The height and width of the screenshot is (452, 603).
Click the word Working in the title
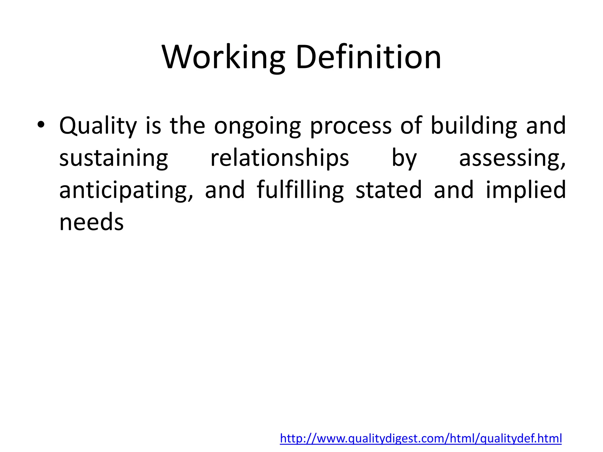coord(223,57)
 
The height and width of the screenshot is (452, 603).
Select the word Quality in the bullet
coord(98,126)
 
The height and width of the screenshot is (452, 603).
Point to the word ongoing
coord(257,126)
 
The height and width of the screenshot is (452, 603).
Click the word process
coord(351,126)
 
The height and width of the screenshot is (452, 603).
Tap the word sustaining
coord(114,158)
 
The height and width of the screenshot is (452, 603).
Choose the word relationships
coord(279,158)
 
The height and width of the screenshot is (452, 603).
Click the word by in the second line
coord(404,158)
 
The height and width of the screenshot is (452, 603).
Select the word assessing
coord(512,158)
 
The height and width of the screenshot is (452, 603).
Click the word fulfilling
coord(300,190)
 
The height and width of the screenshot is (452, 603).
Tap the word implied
coord(526,190)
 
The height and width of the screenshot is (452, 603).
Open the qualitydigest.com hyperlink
coord(421,438)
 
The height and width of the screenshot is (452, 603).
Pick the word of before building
coord(411,126)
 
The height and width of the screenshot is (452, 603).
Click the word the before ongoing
coord(187,126)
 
